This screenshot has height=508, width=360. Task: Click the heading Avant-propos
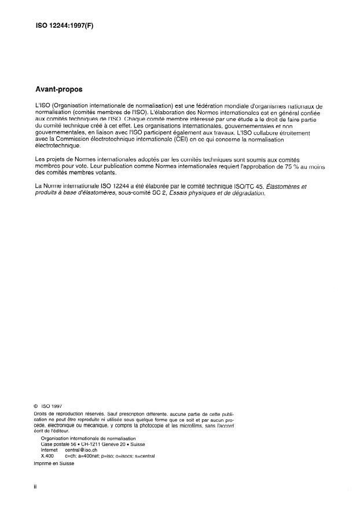(59, 90)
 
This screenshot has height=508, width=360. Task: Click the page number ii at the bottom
(36, 487)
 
